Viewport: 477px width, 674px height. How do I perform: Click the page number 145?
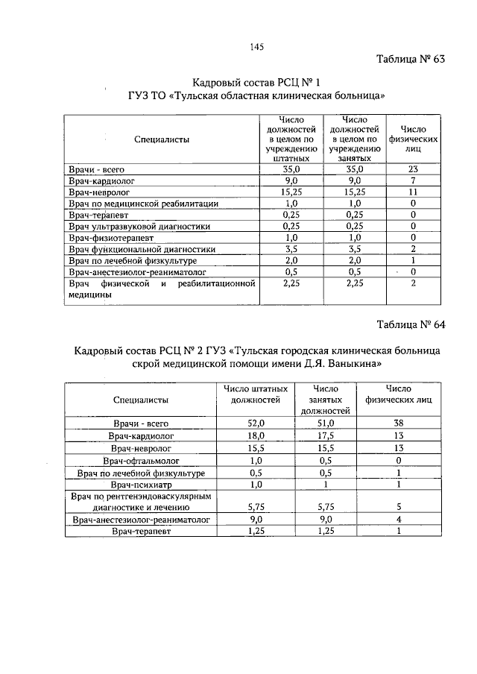pyautogui.click(x=257, y=46)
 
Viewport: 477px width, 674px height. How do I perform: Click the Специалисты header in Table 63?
pyautogui.click(x=161, y=139)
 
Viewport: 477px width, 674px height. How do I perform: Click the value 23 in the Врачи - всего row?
pyautogui.click(x=412, y=170)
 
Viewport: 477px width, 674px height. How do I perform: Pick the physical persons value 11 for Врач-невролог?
pyautogui.click(x=412, y=192)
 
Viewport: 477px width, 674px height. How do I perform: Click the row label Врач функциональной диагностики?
pyautogui.click(x=142, y=249)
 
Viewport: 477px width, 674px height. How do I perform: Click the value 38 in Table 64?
pyautogui.click(x=399, y=423)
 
